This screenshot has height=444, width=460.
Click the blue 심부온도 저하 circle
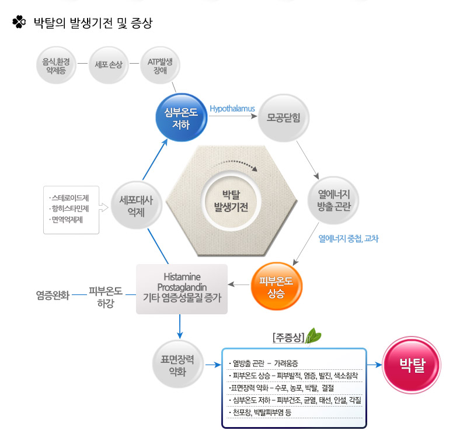tap(182, 117)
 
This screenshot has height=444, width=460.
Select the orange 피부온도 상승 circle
tap(276, 286)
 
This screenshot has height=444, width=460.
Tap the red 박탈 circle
tap(412, 365)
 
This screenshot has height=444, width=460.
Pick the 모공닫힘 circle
tap(283, 118)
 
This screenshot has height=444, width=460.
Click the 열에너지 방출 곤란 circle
tap(333, 200)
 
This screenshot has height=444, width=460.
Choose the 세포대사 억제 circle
tap(137, 205)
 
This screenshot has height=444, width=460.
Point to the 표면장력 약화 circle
tap(178, 364)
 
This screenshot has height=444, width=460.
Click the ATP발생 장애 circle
tap(160, 65)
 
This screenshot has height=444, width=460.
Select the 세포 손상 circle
tap(109, 65)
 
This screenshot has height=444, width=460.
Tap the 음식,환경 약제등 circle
tap(56, 65)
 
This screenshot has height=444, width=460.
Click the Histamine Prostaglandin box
tap(182, 289)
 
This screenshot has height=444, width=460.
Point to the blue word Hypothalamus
tap(232, 109)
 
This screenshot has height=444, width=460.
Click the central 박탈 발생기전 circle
tap(231, 201)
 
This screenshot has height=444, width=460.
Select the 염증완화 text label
tap(53, 295)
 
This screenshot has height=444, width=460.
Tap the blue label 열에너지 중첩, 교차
tap(349, 238)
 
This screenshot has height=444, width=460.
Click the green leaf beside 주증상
tap(313, 336)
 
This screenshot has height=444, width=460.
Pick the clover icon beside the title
tap(19, 22)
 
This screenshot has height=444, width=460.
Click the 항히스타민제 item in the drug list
tap(70, 209)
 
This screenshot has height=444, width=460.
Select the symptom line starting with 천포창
tap(260, 412)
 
